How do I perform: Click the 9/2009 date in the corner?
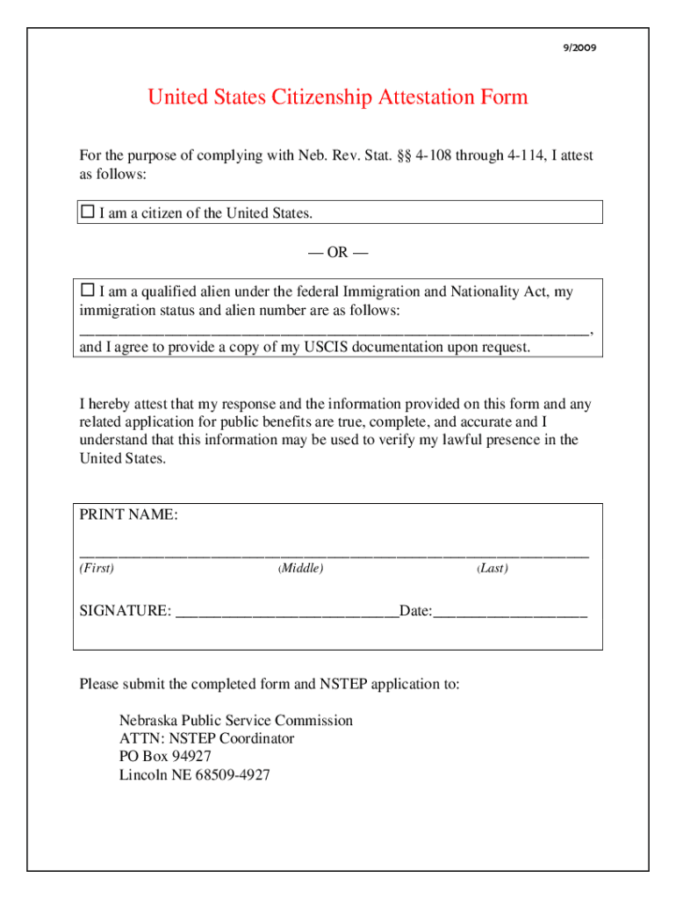point(580,48)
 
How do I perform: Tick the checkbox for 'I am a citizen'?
point(87,212)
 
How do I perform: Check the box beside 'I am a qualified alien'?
point(87,290)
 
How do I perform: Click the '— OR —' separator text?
point(338,253)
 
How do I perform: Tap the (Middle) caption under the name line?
point(301,569)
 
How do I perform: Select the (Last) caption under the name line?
point(493,569)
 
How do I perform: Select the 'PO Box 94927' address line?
point(165,757)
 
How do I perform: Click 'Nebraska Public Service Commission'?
point(236,720)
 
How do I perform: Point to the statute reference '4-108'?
point(435,155)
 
